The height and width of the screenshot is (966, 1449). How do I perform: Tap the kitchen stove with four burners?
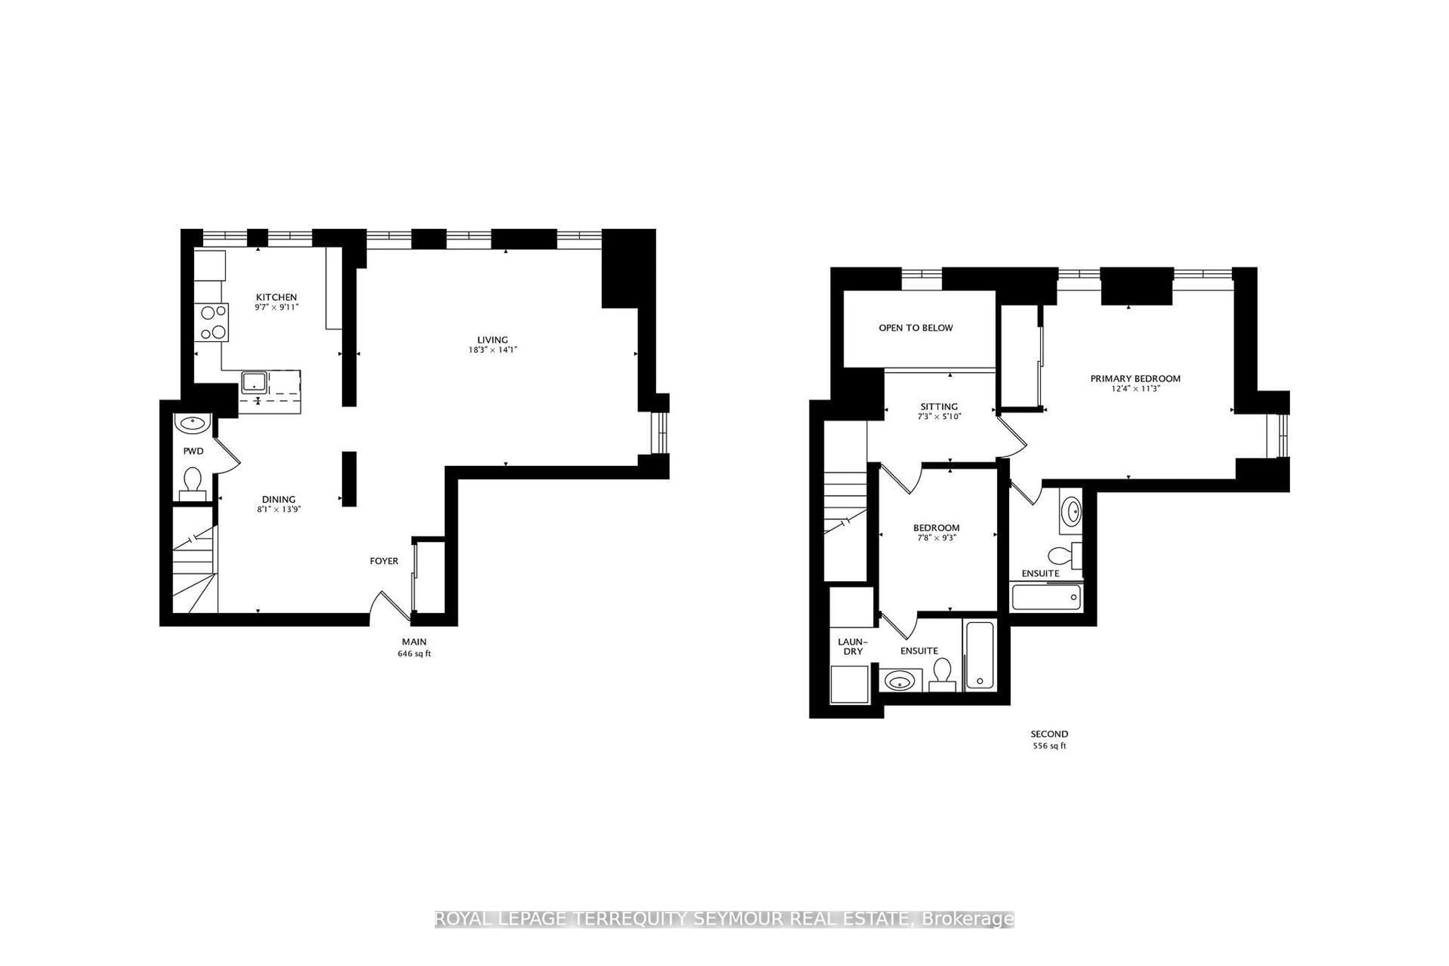click(211, 322)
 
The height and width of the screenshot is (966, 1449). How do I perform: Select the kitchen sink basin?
click(253, 382)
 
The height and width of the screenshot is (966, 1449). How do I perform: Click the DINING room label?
click(278, 499)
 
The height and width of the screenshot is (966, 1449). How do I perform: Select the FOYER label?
click(384, 561)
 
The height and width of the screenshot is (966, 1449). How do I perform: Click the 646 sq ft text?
click(414, 654)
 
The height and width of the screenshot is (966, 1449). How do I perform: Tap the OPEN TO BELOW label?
click(915, 328)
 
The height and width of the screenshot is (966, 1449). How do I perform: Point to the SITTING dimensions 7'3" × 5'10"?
click(939, 417)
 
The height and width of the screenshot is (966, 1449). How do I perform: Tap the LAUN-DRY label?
click(853, 646)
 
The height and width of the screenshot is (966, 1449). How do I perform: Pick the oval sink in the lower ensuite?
click(900, 682)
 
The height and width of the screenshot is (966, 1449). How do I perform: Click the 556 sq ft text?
click(1049, 746)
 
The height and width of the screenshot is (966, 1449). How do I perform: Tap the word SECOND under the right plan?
click(1049, 734)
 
